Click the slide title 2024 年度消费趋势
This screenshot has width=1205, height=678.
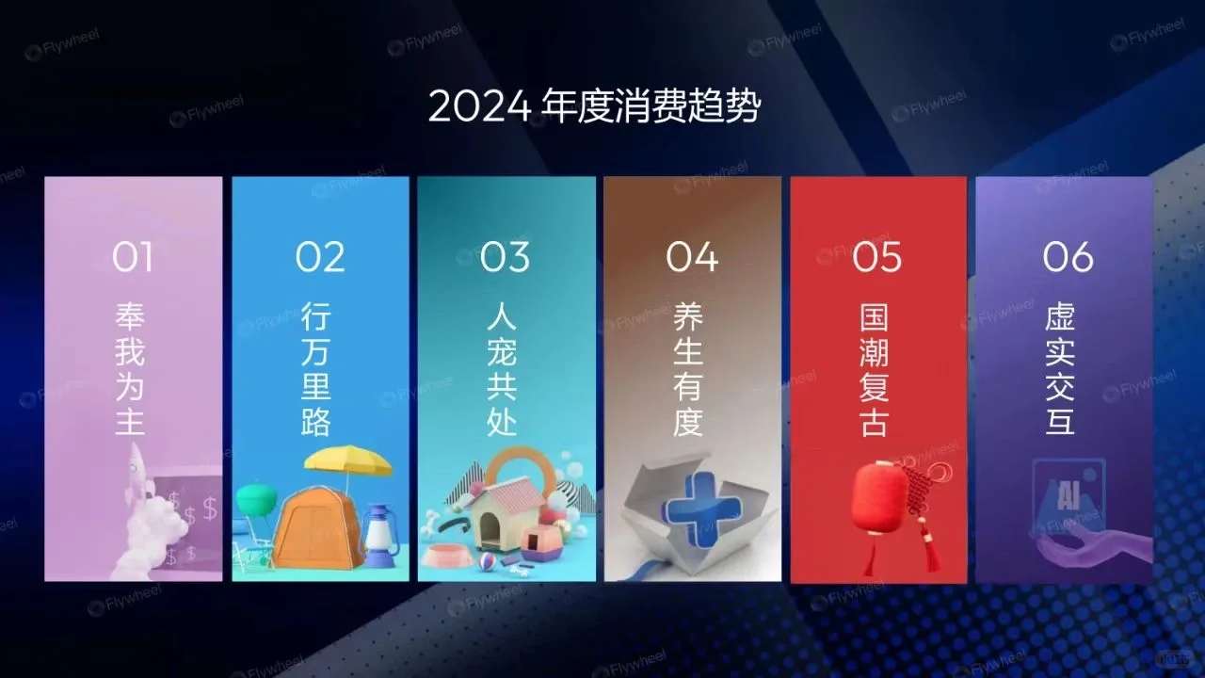pos(594,106)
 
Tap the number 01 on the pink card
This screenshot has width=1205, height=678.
pos(133,256)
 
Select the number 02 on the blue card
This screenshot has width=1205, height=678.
pos(320,256)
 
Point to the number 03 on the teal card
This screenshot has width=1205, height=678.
pos(506,256)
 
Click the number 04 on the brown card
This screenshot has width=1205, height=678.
pos(692,256)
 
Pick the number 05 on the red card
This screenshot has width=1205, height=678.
pos(877,256)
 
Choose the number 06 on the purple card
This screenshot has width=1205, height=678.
pos(1068,256)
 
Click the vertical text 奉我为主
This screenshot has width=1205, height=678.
pos(131,369)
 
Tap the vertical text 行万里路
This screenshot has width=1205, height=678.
pos(317,369)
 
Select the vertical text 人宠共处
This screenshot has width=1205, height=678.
pos(503,369)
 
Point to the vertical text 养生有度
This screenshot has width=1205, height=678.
pos(689,369)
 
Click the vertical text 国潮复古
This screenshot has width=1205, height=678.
pos(875,369)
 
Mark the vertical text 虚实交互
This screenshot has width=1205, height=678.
pos(1061,369)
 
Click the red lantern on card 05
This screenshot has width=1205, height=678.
pos(879,497)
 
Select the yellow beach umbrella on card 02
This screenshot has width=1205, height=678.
pos(347,460)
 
